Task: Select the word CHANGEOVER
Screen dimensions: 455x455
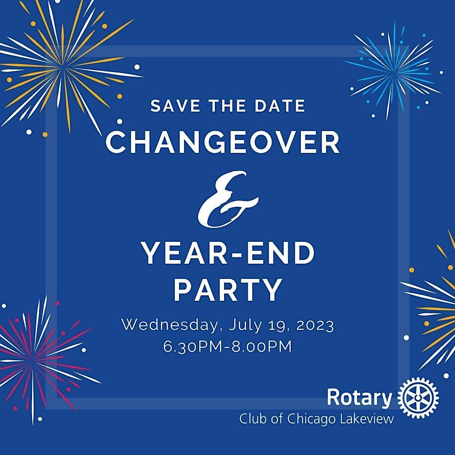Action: (x=223, y=142)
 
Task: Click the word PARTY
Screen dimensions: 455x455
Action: (x=228, y=290)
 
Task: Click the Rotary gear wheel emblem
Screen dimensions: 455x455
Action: (x=418, y=397)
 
